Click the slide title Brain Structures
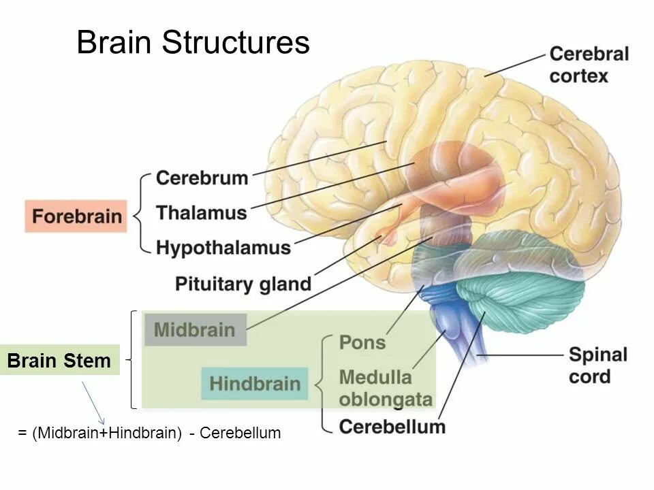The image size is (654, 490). click(193, 43)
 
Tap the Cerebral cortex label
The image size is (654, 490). click(589, 65)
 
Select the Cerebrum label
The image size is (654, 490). click(202, 178)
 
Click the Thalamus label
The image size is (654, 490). click(202, 212)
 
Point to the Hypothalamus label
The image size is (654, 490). click(223, 247)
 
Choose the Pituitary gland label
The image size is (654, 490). click(243, 283)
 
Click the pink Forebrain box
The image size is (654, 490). click(76, 216)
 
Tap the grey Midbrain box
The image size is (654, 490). click(195, 330)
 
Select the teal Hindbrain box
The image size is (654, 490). click(255, 383)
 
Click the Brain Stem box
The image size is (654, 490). click(59, 361)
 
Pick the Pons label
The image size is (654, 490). click(362, 342)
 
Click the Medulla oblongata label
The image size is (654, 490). click(385, 388)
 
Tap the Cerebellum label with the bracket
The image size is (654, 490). click(392, 427)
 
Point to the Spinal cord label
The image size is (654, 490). click(597, 365)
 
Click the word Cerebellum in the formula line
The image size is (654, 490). click(240, 433)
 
